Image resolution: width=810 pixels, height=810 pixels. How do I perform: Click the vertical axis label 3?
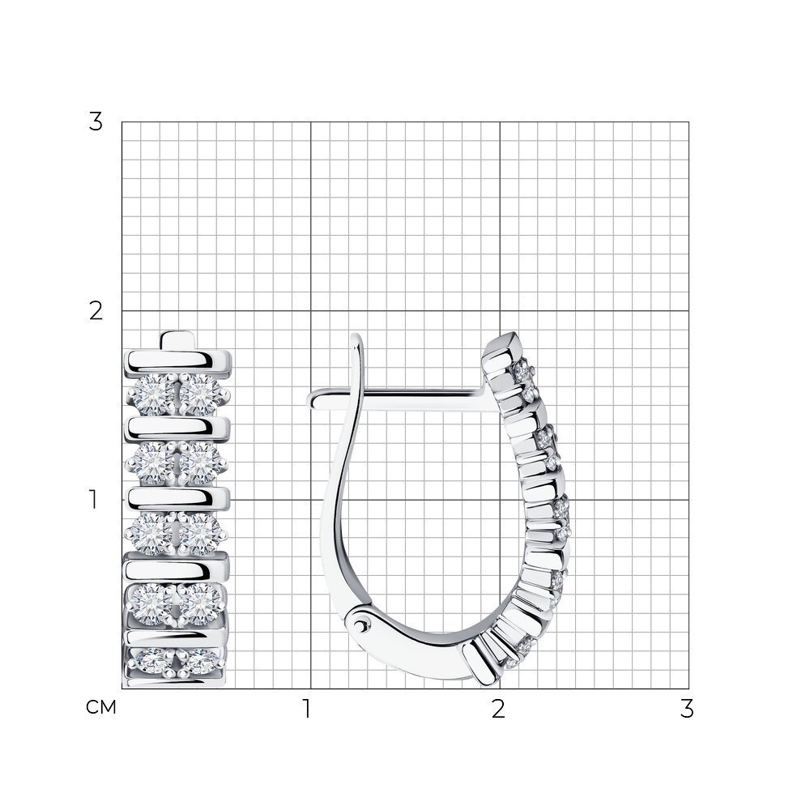(x=96, y=122)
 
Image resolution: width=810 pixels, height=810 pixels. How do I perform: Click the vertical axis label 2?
(x=96, y=311)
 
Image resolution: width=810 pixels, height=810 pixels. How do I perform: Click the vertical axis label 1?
(x=93, y=500)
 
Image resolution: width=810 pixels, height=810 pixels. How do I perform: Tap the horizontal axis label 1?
(x=307, y=709)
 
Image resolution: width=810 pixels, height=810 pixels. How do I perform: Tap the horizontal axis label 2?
(x=498, y=709)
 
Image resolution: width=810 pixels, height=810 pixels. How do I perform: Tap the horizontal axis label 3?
(x=687, y=709)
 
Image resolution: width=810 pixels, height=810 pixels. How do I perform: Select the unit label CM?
(x=101, y=708)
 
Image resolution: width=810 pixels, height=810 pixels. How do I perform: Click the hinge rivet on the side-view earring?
(x=361, y=626)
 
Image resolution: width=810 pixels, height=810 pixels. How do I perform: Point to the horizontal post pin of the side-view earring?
(x=397, y=400)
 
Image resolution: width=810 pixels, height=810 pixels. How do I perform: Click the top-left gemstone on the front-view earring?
(x=152, y=394)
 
